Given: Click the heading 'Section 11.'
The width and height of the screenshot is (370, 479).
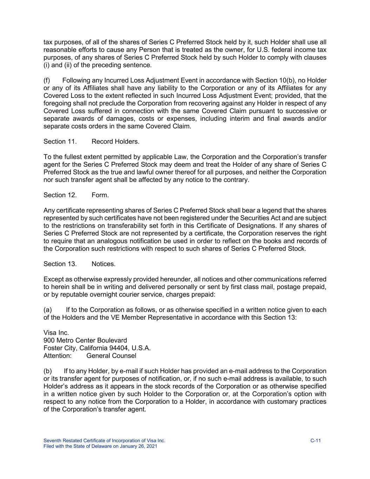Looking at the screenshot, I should click(60, 141).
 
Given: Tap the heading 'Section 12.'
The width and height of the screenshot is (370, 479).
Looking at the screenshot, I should click(60, 195).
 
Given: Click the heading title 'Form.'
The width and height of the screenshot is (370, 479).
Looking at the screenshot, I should click(100, 195).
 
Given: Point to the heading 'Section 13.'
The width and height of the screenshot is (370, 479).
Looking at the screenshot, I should click(60, 264).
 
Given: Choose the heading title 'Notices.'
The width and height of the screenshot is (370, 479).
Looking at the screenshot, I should click(103, 264).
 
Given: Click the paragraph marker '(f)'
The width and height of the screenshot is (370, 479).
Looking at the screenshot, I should click(47, 80).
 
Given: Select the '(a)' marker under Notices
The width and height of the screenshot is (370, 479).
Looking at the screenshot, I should click(48, 310).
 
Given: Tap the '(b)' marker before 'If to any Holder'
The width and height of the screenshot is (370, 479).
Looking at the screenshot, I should click(48, 371).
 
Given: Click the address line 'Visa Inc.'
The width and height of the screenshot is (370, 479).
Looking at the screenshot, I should click(56, 333).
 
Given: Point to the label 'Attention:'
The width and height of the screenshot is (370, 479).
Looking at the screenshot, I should click(58, 356).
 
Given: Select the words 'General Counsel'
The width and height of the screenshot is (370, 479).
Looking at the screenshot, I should click(111, 356).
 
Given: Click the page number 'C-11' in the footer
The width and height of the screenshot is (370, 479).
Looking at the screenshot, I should click(316, 441).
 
